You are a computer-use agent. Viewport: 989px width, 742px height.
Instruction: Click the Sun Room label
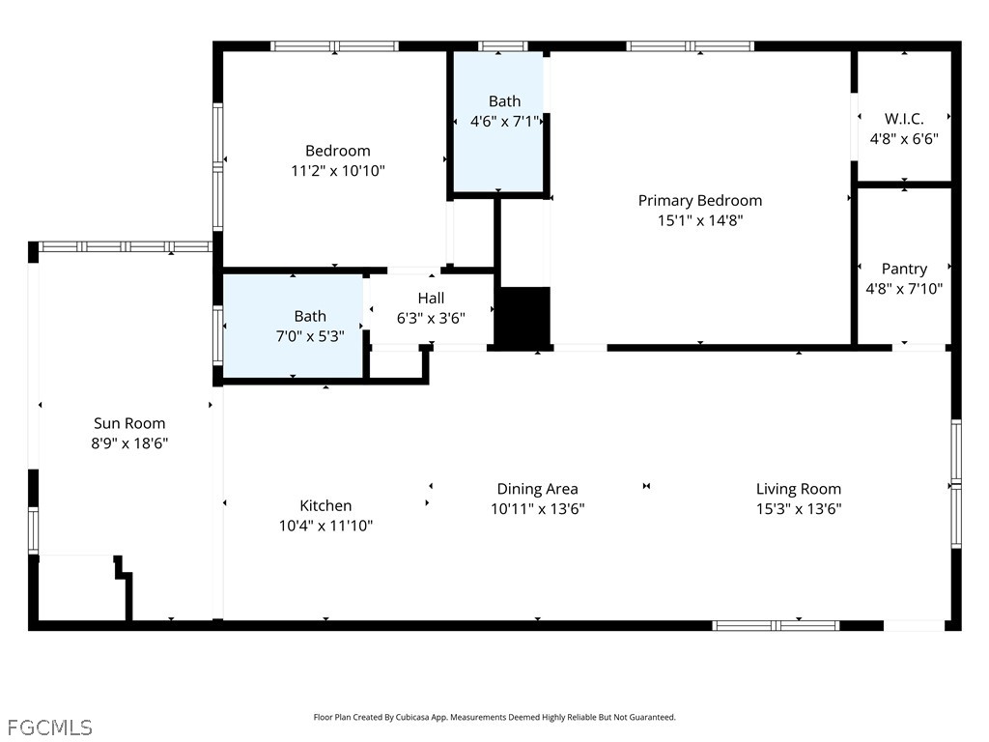(x=129, y=423)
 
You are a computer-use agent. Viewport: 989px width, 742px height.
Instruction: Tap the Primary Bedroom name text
(x=700, y=201)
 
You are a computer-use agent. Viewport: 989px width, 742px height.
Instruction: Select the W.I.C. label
(x=904, y=119)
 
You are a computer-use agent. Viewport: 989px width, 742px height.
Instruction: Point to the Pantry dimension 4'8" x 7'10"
(x=904, y=289)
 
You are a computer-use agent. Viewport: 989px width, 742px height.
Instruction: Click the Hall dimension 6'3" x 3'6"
(x=431, y=318)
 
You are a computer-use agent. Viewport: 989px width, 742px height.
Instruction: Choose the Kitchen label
(x=325, y=505)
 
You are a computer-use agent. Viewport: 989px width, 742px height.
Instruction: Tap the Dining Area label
(x=537, y=489)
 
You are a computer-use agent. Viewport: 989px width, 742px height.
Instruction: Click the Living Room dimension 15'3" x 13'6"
(x=799, y=508)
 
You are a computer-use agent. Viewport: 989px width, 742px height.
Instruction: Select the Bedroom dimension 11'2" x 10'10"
(x=337, y=170)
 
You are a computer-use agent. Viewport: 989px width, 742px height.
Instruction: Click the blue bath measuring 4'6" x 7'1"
(x=498, y=121)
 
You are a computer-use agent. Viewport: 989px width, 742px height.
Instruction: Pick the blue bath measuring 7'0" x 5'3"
(x=293, y=327)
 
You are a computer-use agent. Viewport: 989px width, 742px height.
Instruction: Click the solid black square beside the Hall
(x=523, y=317)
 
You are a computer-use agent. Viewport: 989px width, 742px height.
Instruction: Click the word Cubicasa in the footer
(x=410, y=718)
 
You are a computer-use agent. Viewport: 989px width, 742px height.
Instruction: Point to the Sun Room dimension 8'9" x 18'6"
(x=129, y=442)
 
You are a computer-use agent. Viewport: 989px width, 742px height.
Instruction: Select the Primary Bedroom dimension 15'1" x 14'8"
(x=700, y=220)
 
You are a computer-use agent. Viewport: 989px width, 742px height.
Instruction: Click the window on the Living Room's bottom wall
(x=776, y=625)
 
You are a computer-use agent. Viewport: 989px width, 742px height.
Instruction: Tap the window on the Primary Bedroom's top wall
(x=690, y=46)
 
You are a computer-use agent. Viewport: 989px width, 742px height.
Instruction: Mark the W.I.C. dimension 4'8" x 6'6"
(x=904, y=139)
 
